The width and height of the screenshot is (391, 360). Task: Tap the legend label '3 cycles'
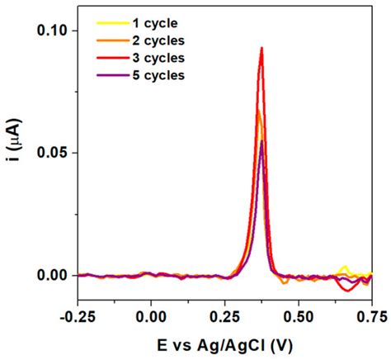pyautogui.click(x=158, y=59)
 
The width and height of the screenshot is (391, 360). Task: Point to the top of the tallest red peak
pyautogui.click(x=261, y=48)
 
